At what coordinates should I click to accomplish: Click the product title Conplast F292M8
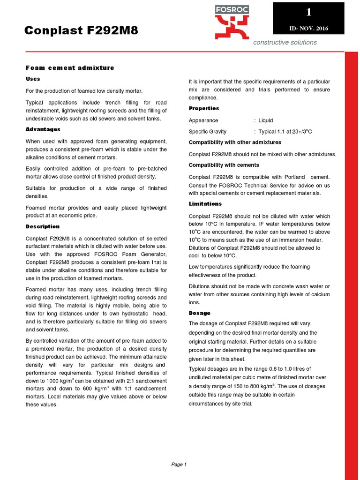pyautogui.click(x=82, y=31)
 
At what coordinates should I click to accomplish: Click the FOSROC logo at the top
pyautogui.click(x=232, y=22)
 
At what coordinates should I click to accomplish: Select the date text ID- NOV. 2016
pyautogui.click(x=309, y=29)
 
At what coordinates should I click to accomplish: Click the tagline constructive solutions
pyautogui.click(x=285, y=43)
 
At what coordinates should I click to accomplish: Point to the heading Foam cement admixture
pyautogui.click(x=70, y=68)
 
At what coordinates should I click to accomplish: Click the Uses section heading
pyautogui.click(x=33, y=79)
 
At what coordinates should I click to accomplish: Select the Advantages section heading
pyautogui.click(x=43, y=129)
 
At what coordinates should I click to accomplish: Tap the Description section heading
pyautogui.click(x=42, y=226)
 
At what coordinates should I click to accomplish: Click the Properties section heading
pyautogui.click(x=203, y=108)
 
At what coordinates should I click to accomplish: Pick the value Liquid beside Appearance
pyautogui.click(x=265, y=120)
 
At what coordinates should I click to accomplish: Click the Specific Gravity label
pyautogui.click(x=207, y=132)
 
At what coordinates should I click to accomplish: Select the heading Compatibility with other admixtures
pyautogui.click(x=235, y=142)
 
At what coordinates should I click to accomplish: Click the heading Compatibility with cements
pyautogui.click(x=224, y=165)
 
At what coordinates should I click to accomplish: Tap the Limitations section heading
pyautogui.click(x=205, y=204)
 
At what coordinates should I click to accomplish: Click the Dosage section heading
pyautogui.click(x=199, y=313)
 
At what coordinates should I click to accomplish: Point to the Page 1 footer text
pyautogui.click(x=179, y=465)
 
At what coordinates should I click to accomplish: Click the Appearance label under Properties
pyautogui.click(x=203, y=120)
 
